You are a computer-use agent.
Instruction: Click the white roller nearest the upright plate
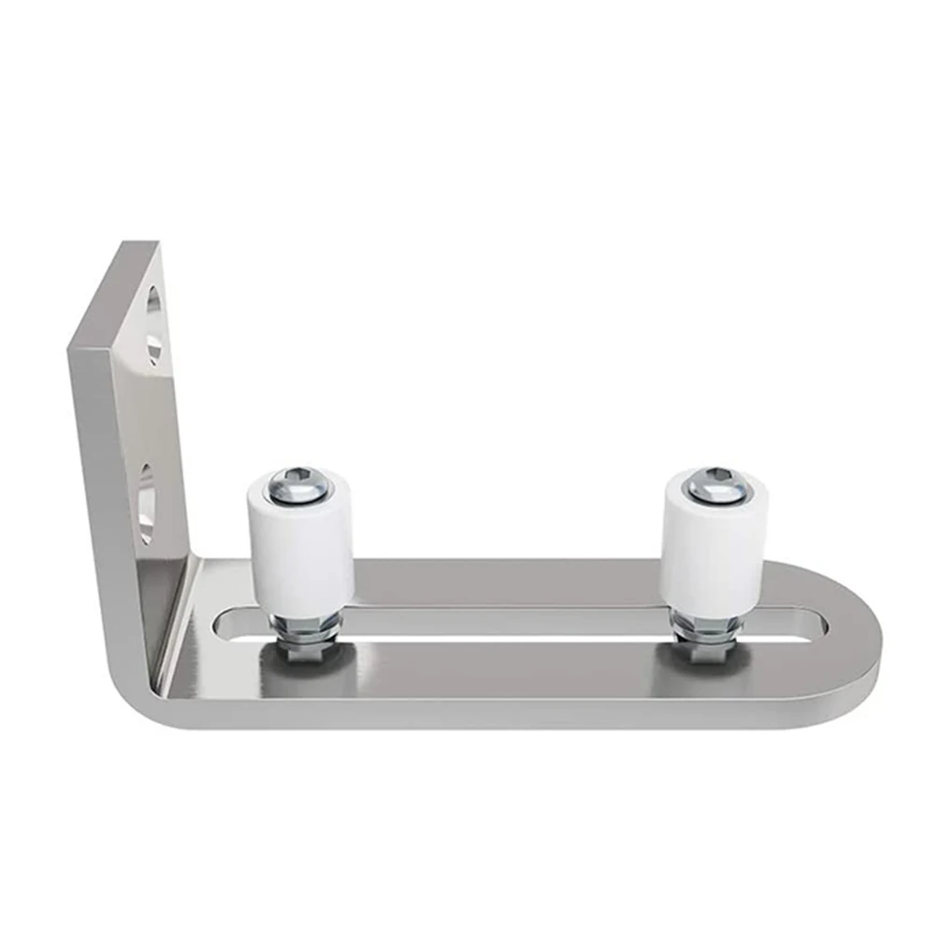point(300,547)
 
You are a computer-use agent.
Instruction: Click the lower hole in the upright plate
point(147,505)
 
